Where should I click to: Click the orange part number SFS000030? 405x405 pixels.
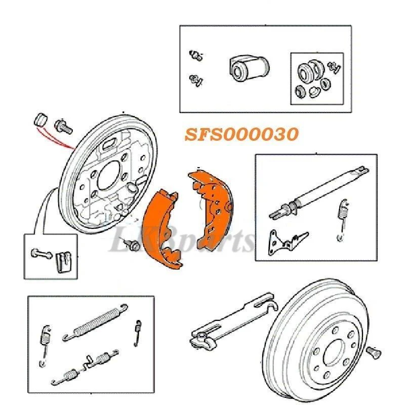[x=242, y=134]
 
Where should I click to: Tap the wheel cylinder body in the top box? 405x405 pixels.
[x=249, y=68]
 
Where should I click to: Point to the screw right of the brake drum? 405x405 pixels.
[x=374, y=352]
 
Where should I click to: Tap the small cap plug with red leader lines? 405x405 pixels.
[x=41, y=119]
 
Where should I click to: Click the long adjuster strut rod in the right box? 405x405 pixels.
[x=319, y=192]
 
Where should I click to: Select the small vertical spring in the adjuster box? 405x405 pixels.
[x=343, y=220]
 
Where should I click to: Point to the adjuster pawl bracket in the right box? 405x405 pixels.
[x=287, y=241]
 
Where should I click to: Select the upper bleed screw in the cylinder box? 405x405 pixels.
[x=196, y=55]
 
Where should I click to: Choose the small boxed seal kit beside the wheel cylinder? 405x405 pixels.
[x=317, y=79]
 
